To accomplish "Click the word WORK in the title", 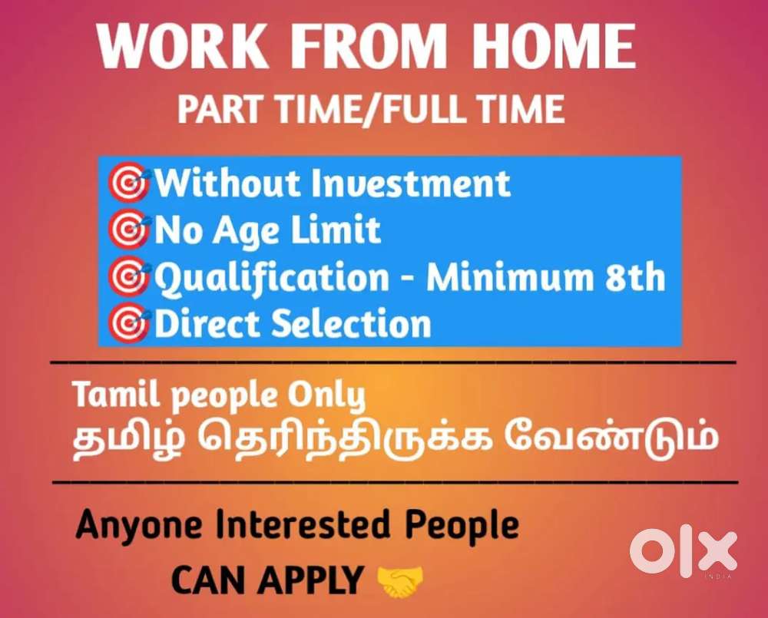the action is pos(182,46).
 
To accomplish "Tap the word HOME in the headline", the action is pos(554,46).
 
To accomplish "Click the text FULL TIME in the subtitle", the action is pos(474,109).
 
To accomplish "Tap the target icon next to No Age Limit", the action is pos(129,229).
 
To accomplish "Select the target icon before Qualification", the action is pos(129,276).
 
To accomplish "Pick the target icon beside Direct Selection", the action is pos(129,322).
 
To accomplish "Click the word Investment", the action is pos(411,183).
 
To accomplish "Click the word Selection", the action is pos(351,323).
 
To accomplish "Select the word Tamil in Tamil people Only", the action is pos(117,394).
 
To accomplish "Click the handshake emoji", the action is pos(400,582).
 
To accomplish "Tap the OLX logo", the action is pos(684,551).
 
